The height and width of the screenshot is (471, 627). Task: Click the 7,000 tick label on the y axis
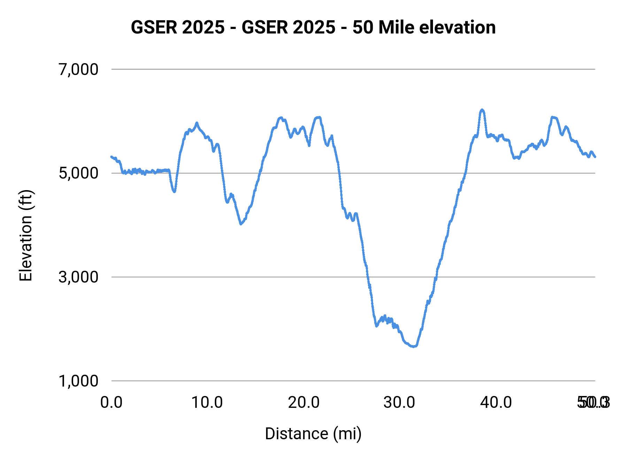78,69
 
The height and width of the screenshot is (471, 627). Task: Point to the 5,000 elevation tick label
78,173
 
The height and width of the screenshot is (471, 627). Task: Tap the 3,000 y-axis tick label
78,277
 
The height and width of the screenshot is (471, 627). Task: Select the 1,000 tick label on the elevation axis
78,381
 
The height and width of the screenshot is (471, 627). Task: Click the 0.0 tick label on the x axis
111,403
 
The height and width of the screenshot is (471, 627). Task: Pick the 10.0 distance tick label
207,403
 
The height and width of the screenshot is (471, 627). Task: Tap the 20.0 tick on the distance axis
304,403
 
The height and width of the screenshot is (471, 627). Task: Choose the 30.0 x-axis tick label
400,403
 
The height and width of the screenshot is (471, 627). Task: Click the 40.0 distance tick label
496,403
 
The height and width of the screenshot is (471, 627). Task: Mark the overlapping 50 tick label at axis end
594,403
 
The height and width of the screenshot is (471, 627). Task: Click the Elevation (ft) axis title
26,236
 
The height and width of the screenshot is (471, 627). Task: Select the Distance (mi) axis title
313,434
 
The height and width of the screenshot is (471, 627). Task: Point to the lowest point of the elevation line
413,346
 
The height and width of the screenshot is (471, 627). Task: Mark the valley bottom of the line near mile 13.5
241,224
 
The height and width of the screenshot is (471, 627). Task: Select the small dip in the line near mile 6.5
174,191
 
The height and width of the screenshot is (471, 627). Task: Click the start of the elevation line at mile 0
111,157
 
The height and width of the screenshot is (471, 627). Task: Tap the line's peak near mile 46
552,117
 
